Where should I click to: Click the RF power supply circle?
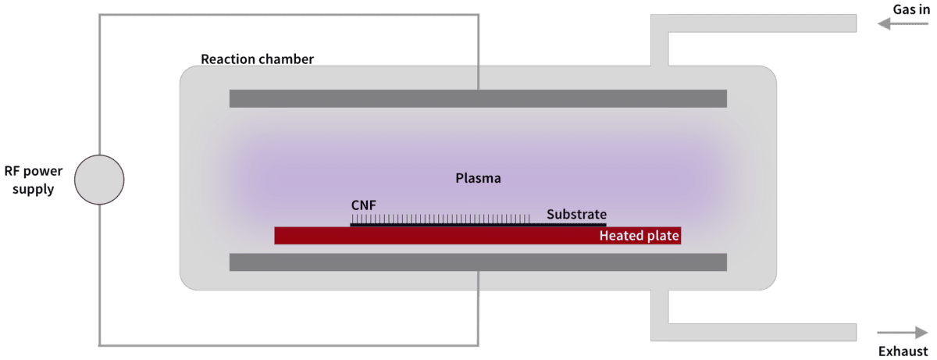click(99, 180)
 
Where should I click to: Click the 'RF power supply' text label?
click(34, 180)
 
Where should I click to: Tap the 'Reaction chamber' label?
click(257, 59)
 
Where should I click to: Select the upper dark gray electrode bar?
click(478, 98)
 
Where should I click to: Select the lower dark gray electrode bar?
click(478, 262)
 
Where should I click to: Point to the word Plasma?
click(478, 178)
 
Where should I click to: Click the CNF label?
click(364, 205)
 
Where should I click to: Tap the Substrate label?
click(576, 214)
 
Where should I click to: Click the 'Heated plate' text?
click(640, 235)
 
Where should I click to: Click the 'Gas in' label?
click(911, 9)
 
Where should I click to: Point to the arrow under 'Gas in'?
click(903, 24)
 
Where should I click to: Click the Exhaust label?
click(903, 351)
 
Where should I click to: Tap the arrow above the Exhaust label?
click(903, 333)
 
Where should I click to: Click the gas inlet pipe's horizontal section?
click(754, 23)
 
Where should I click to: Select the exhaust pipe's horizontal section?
click(754, 332)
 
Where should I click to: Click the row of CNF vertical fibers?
click(440, 219)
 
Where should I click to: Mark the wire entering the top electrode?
click(479, 52)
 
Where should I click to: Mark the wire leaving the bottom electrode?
click(479, 308)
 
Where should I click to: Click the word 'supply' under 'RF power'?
click(34, 190)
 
